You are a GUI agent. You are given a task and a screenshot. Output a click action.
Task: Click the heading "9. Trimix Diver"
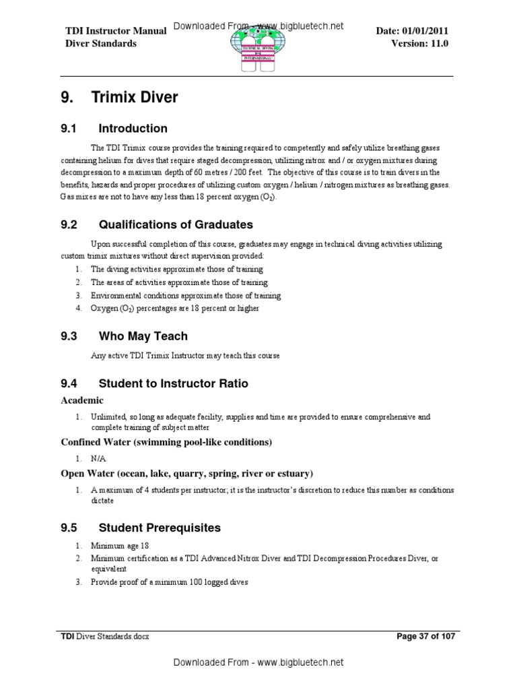point(119,98)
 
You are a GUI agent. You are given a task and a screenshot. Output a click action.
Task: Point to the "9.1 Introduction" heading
point(114,129)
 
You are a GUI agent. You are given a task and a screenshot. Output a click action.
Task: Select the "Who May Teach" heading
point(143,336)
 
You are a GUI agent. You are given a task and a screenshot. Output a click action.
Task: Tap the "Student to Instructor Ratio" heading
point(173,383)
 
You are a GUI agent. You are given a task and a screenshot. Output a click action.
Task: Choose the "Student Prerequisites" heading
point(160,527)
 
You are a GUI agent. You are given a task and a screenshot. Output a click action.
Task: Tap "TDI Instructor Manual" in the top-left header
point(110,31)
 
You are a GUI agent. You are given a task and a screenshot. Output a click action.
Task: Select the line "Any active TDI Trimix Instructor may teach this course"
point(185,355)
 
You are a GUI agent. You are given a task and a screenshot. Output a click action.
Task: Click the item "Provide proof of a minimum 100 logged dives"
point(170,582)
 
